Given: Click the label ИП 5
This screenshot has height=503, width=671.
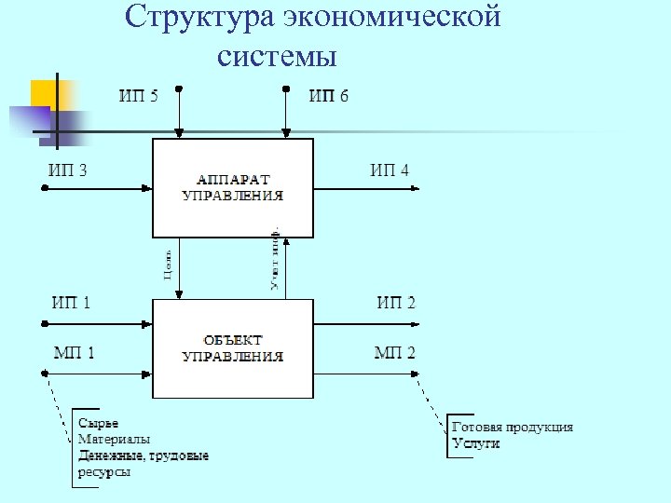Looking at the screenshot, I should [138, 96].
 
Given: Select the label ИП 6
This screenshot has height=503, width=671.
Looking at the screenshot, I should [328, 96].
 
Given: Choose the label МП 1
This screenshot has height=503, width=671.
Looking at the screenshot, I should [74, 352].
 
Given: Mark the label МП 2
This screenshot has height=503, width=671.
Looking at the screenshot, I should [395, 352].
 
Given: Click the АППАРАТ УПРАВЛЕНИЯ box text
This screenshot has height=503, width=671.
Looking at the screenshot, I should [232, 187].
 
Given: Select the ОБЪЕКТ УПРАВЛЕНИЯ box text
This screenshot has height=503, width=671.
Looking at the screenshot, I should [232, 348].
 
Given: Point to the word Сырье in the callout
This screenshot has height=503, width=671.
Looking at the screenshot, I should [98, 423].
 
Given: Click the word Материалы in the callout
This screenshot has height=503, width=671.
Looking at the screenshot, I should [114, 439].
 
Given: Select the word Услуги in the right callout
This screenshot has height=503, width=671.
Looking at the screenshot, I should [475, 443].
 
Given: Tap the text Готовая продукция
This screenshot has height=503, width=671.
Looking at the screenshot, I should [512, 427].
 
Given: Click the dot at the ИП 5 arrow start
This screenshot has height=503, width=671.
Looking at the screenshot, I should [179, 89].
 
